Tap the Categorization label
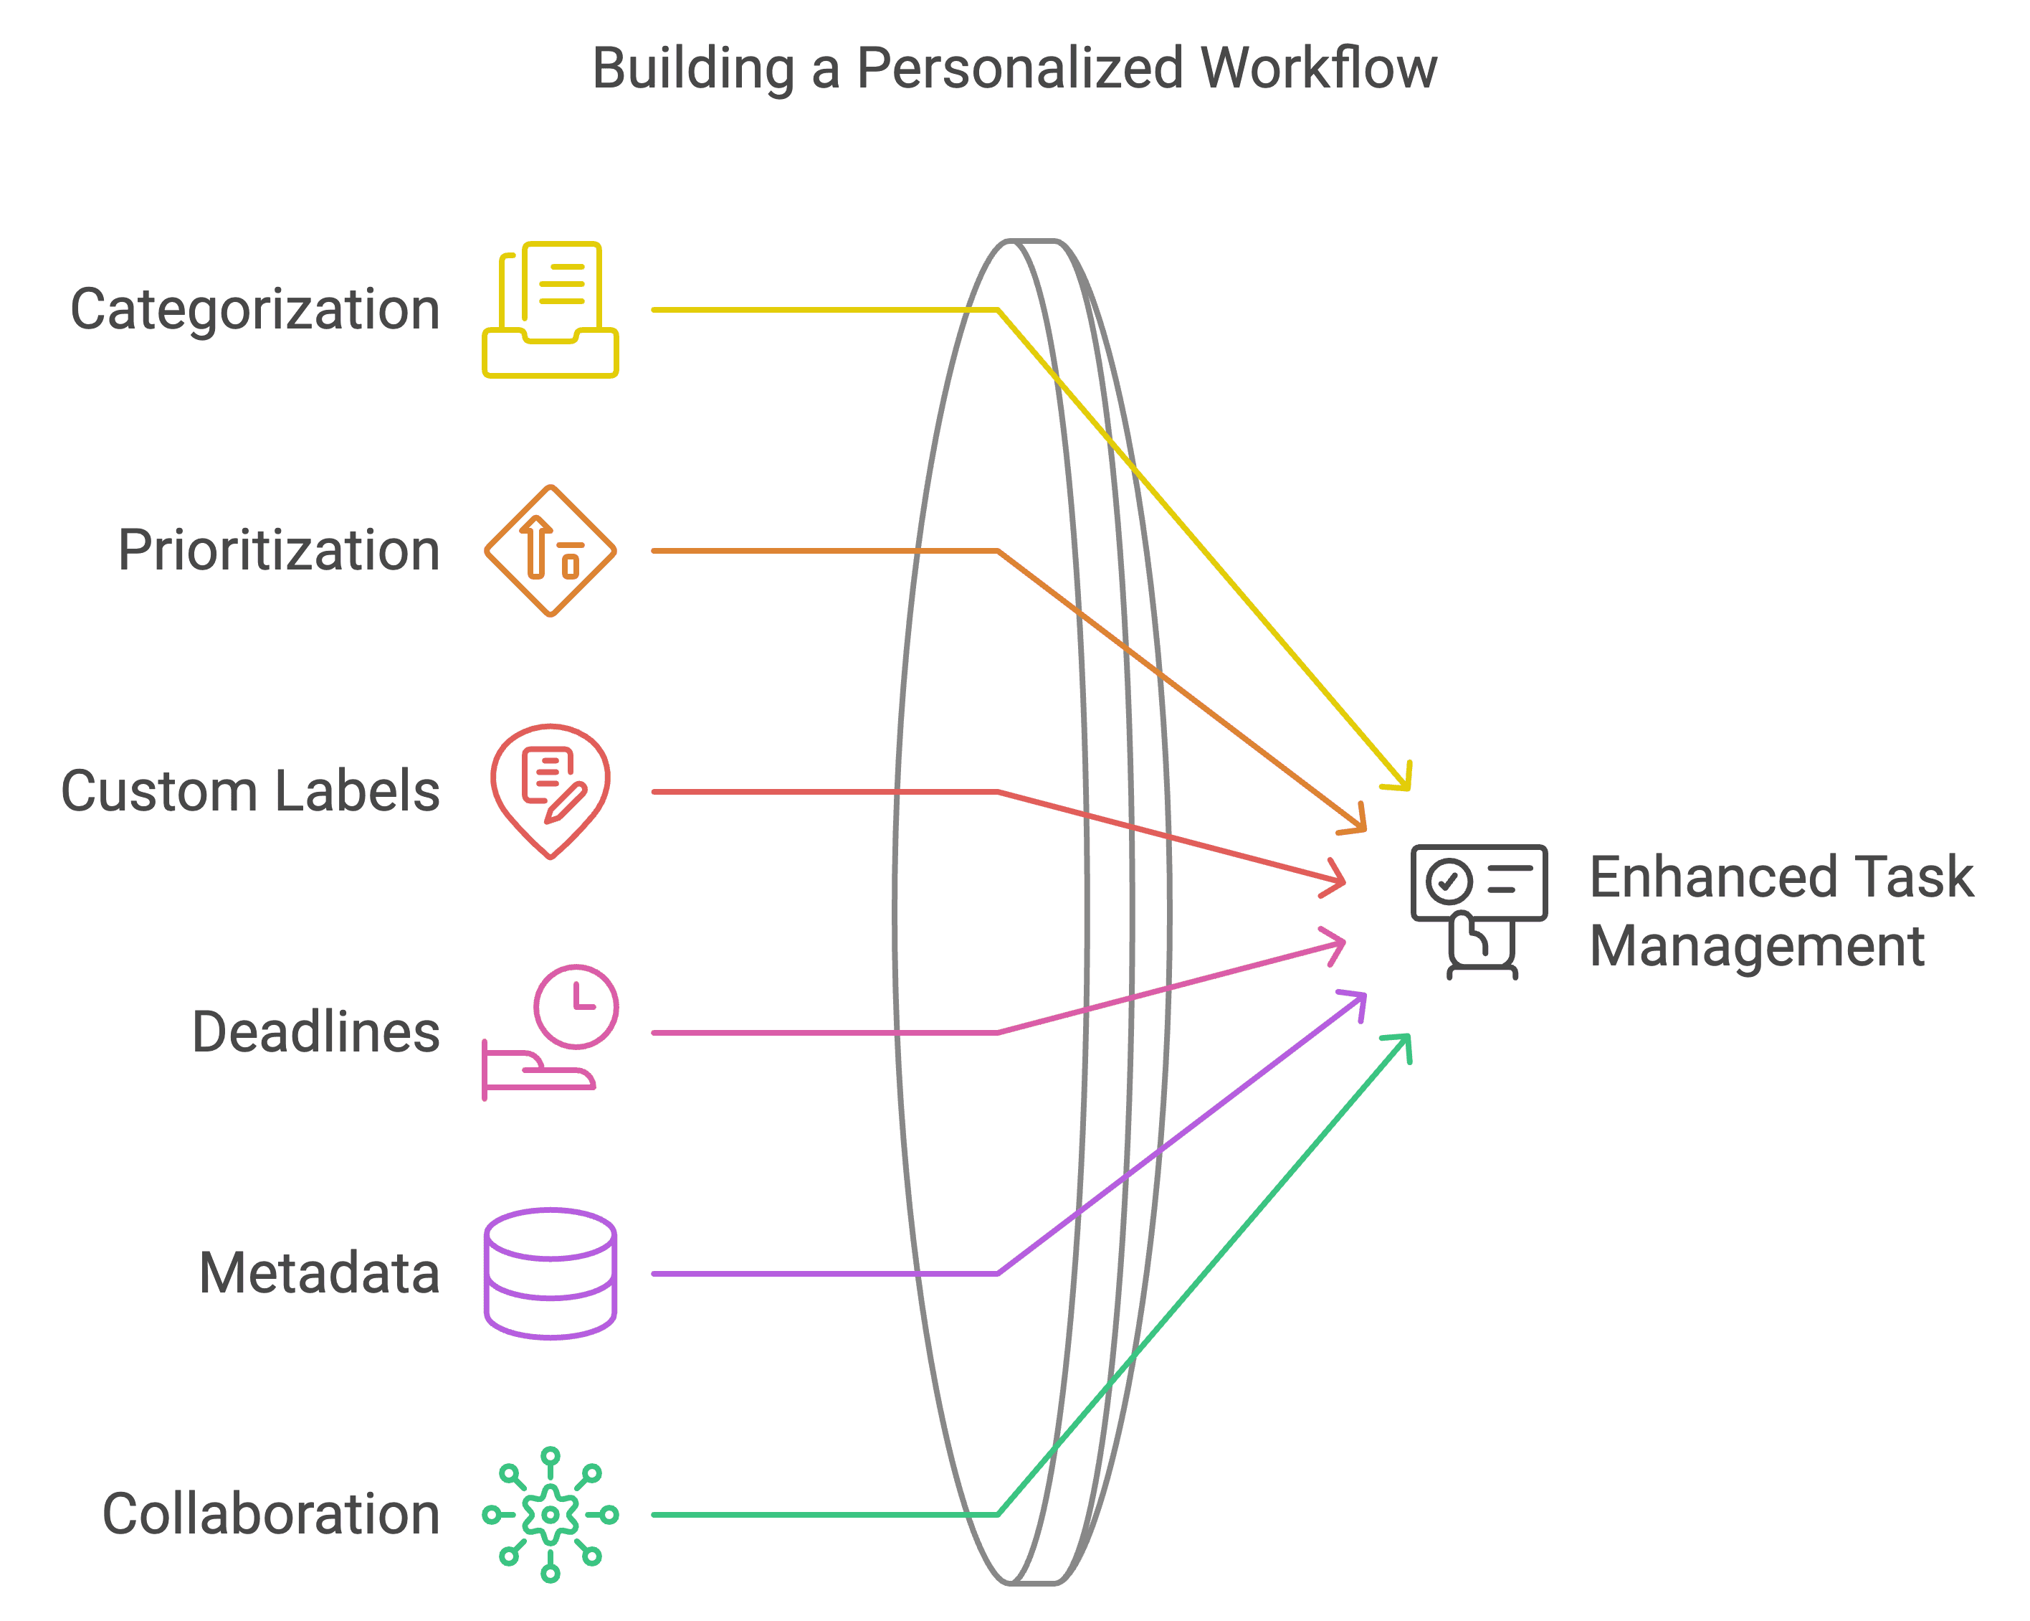[255, 310]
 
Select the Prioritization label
[279, 551]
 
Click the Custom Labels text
[250, 791]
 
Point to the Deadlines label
[315, 1032]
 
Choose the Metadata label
[319, 1273]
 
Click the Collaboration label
[271, 1515]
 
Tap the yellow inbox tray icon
[551, 310]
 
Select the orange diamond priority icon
[551, 551]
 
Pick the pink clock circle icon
[576, 1006]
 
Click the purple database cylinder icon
[551, 1273]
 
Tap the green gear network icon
[551, 1515]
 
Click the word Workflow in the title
[1319, 70]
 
